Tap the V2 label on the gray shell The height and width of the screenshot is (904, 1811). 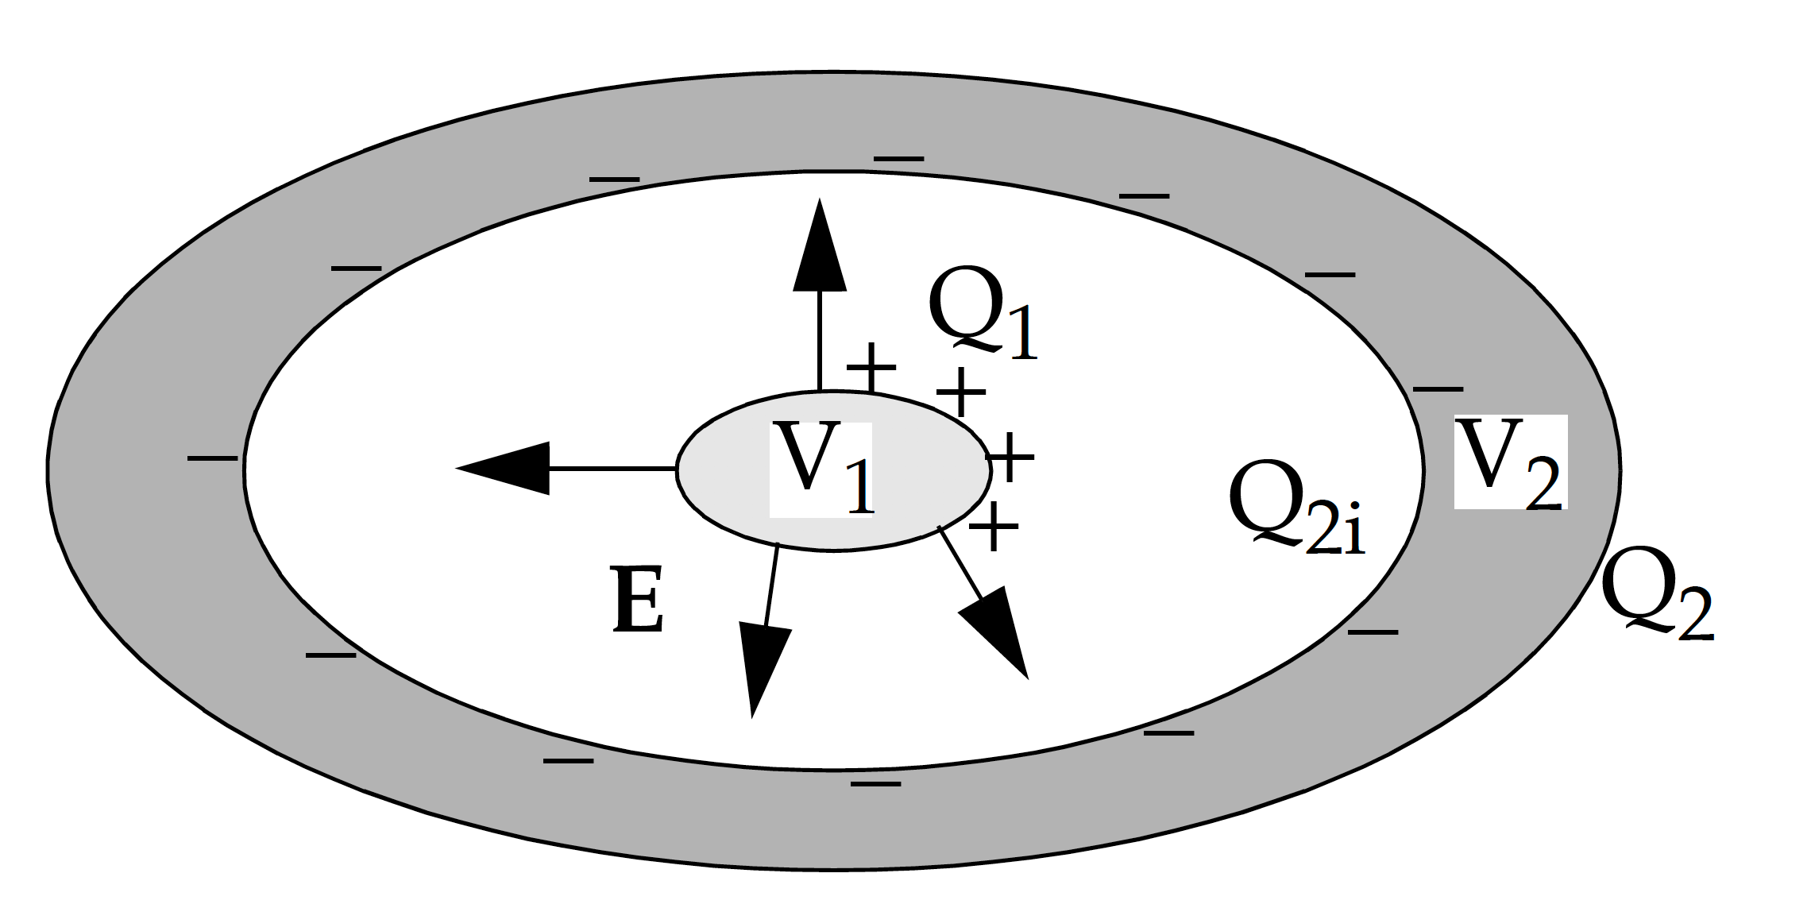[1509, 462]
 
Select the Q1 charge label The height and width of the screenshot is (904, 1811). [982, 318]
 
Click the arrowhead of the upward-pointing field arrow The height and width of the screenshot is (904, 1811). [819, 246]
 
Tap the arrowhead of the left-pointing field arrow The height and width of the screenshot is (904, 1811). [504, 469]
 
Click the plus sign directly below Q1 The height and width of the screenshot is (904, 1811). [961, 392]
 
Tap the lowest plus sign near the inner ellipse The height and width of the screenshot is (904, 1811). [993, 526]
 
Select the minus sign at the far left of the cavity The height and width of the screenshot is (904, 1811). [212, 458]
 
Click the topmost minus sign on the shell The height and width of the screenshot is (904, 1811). [898, 159]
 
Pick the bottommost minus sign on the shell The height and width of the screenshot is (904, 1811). [875, 784]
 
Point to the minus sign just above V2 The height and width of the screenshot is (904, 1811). [1438, 389]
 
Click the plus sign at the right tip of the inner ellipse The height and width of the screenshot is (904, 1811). [1010, 457]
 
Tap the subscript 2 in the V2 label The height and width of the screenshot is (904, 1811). [1543, 486]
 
